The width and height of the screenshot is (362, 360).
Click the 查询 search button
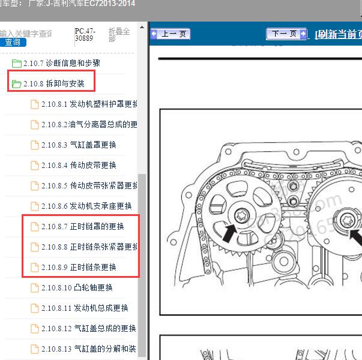[x=13, y=42]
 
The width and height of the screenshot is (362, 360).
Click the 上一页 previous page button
[x=170, y=34]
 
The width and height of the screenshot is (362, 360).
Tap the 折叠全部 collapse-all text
[x=119, y=35]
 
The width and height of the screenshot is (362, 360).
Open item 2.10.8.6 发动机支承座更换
[x=86, y=206]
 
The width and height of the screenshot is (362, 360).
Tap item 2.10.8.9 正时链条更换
[x=79, y=267]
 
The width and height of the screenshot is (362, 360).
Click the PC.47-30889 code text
[x=84, y=34]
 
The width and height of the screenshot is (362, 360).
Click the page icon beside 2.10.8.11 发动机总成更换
[x=35, y=308]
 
